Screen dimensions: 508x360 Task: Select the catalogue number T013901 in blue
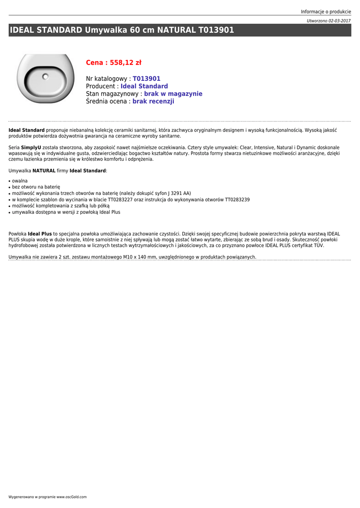point(146,79)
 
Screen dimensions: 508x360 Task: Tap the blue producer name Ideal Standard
point(144,86)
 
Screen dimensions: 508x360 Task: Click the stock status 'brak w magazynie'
point(173,94)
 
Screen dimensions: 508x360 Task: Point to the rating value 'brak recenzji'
point(153,101)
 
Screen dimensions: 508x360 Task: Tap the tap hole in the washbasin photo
point(45,76)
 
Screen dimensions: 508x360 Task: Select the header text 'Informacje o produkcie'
point(326,11)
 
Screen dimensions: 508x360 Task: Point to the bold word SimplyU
point(31,147)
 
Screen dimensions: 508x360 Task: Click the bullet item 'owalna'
point(20,181)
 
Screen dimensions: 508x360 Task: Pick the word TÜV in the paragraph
point(319,245)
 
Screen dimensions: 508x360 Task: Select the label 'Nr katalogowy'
point(106,79)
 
